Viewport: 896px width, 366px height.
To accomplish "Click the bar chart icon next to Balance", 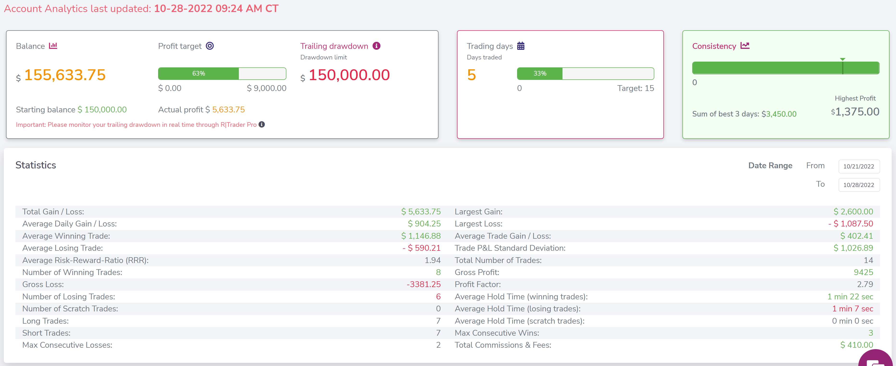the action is coord(53,46).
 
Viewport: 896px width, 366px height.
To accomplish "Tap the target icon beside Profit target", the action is coord(210,46).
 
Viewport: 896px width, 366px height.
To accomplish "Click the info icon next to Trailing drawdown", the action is coord(376,46).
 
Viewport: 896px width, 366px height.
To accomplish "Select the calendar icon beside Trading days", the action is coord(521,46).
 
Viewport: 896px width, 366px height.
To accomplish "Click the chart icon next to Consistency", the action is coord(745,46).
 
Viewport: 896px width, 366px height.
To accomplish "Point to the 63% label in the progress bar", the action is coord(199,73).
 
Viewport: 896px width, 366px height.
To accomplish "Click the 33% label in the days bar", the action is coord(540,73).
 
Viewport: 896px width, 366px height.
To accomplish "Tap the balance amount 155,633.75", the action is coord(65,75).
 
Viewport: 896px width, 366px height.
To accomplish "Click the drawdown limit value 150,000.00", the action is coord(349,75).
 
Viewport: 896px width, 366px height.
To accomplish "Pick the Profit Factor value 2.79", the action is coord(865,284).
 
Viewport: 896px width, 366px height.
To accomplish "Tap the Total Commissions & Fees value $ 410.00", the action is coord(857,345).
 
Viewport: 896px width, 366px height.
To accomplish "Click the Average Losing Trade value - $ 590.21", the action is coord(421,248).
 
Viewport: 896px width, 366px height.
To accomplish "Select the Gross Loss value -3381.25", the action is coord(424,284).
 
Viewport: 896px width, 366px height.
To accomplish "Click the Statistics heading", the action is coord(36,165).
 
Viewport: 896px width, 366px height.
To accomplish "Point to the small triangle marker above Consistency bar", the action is coord(842,59).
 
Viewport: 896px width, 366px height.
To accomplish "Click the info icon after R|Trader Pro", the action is coord(262,124).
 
